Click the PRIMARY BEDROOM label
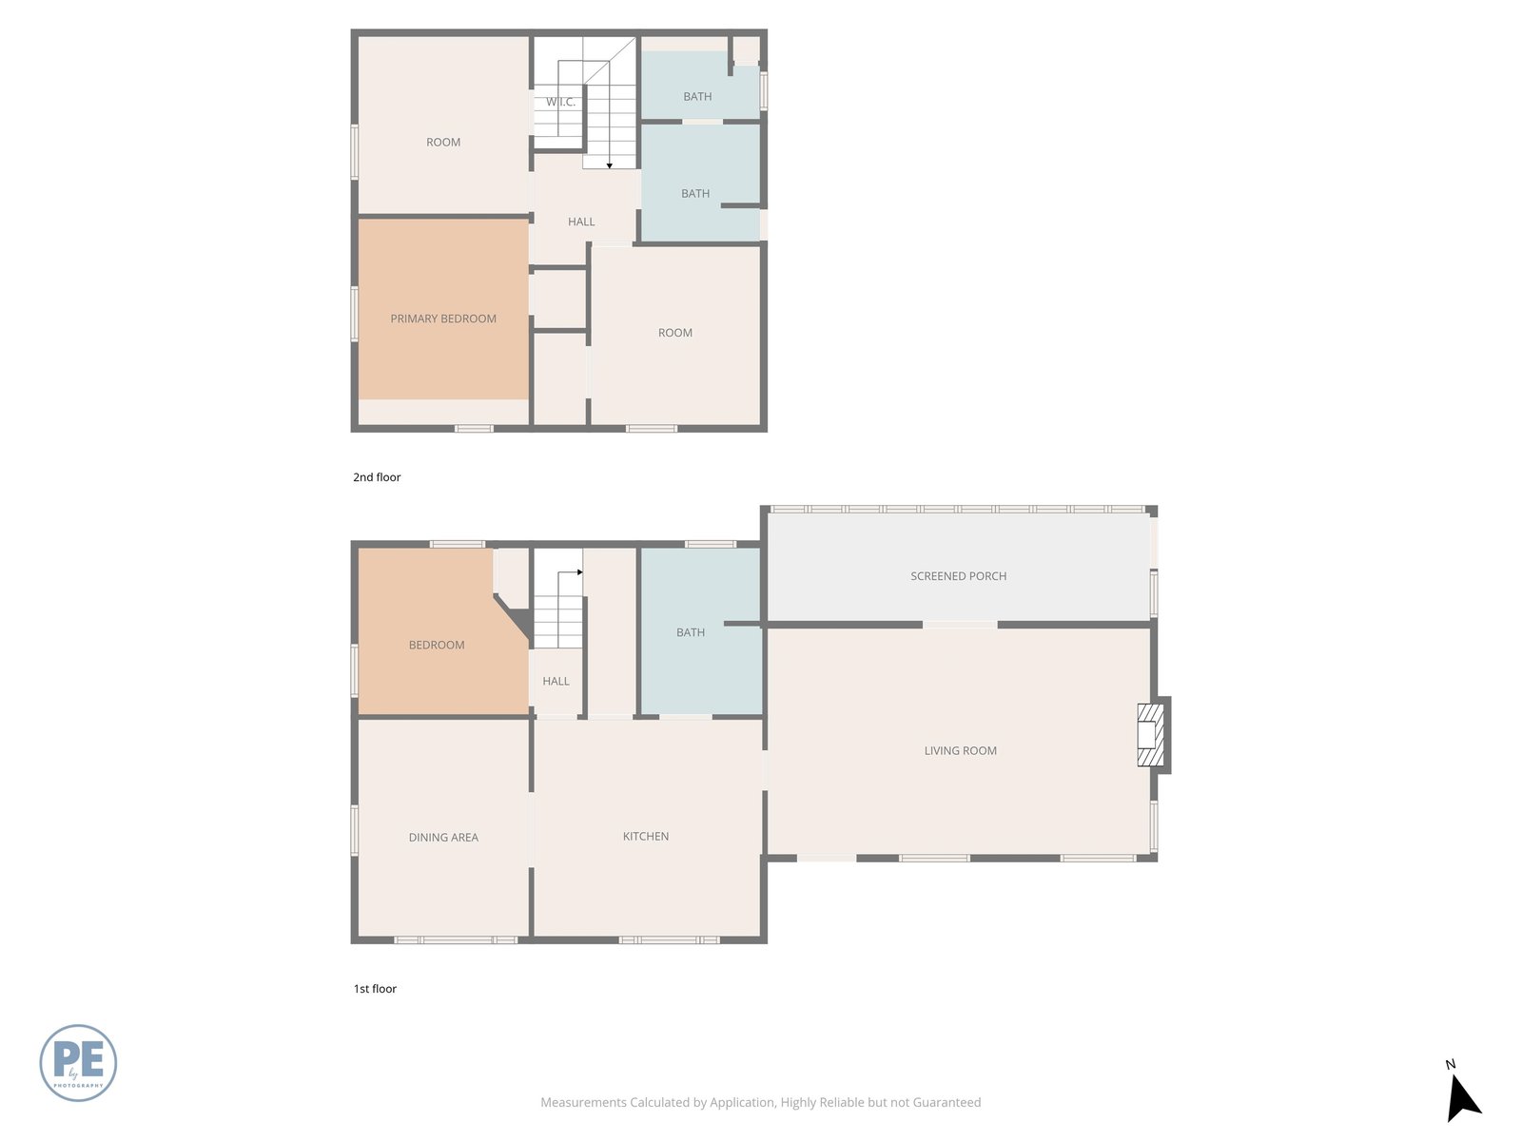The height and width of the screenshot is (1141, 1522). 443,319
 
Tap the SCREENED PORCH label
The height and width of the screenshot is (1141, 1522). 958,575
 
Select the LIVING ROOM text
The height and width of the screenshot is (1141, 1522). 961,750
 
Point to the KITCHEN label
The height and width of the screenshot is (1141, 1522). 646,836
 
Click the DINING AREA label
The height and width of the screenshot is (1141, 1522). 443,837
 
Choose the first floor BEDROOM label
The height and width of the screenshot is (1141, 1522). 436,645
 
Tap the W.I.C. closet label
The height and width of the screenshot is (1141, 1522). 560,102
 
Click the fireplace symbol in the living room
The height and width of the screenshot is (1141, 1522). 1150,735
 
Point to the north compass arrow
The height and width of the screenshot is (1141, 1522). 1463,1098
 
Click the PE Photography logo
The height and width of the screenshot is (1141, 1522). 78,1063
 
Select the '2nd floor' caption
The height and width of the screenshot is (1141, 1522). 377,477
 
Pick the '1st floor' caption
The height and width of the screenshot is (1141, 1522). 375,989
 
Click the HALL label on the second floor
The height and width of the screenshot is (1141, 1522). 581,222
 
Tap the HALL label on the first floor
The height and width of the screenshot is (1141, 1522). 556,681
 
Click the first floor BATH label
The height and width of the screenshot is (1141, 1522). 690,632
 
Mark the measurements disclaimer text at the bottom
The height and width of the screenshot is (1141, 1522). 761,1102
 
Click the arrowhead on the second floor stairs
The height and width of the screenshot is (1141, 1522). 610,166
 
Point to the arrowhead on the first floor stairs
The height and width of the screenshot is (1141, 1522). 579,572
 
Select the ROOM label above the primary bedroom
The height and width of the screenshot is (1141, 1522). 443,142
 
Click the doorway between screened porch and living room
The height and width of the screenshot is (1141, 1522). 960,625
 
